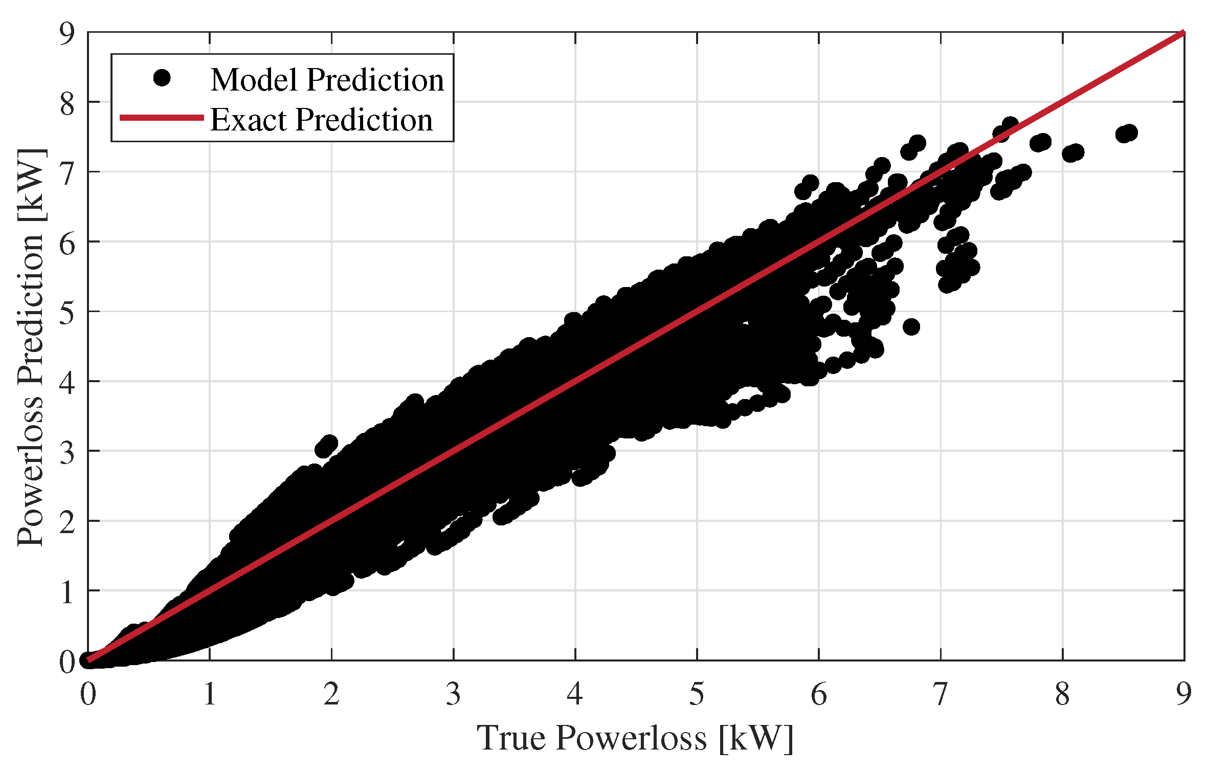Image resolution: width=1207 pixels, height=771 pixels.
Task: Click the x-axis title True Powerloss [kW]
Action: [635, 738]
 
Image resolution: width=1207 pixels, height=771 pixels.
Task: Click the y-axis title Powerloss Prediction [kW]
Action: [31, 348]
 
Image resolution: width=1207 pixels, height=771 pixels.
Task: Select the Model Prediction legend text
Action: [327, 80]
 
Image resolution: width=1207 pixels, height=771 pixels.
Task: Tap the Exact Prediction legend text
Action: [321, 120]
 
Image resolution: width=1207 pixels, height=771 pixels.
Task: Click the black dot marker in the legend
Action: [162, 78]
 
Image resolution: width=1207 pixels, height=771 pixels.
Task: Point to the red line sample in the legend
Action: [162, 118]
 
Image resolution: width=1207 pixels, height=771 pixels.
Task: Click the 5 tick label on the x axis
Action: [697, 695]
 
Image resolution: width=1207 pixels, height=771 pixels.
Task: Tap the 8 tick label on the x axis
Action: [1062, 695]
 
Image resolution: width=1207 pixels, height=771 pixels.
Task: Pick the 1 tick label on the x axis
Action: [210, 695]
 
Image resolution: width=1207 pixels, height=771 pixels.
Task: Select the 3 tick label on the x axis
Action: [453, 695]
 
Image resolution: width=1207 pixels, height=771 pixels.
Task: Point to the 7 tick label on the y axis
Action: [67, 172]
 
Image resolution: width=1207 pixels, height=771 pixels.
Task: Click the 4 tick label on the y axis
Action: [67, 382]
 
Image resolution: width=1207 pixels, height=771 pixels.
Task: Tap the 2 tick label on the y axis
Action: [67, 521]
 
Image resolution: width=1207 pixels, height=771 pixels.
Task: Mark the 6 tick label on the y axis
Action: [67, 242]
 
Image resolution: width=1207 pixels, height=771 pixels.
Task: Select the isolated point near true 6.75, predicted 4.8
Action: [911, 326]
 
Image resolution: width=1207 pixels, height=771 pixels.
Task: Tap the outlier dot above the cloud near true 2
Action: [328, 444]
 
